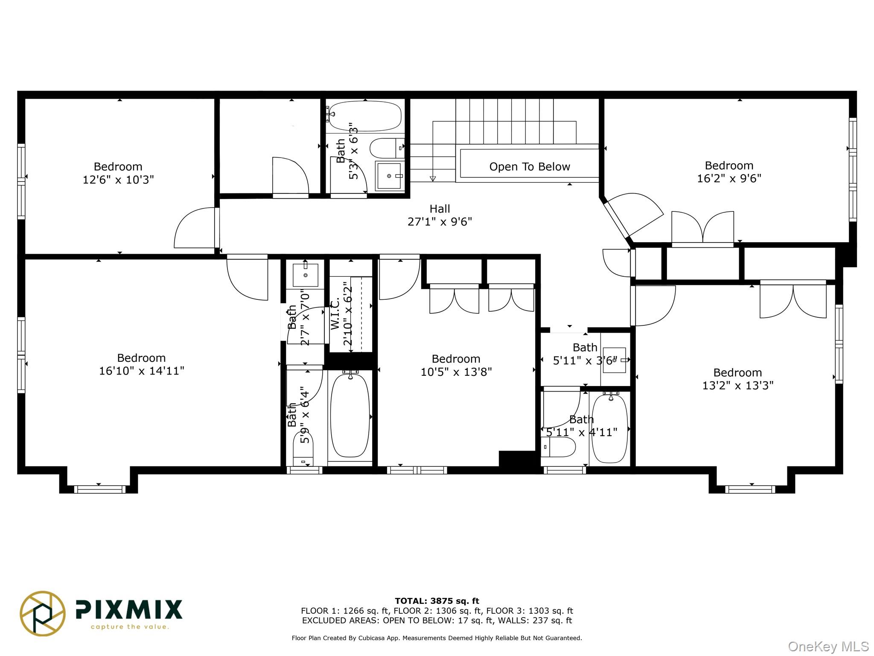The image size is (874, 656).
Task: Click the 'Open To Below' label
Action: pyautogui.click(x=529, y=167)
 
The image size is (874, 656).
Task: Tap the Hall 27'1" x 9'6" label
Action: pyautogui.click(x=440, y=215)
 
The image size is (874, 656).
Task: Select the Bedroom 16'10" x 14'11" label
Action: pyautogui.click(x=142, y=364)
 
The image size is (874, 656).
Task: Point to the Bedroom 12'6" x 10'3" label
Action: pyautogui.click(x=118, y=173)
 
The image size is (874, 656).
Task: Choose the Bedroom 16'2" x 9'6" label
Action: pyautogui.click(x=729, y=172)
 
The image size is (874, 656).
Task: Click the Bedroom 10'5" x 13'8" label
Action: pyautogui.click(x=456, y=365)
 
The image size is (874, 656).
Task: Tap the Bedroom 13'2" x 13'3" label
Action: pyautogui.click(x=738, y=379)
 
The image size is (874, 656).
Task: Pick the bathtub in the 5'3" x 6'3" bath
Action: pyautogui.click(x=365, y=116)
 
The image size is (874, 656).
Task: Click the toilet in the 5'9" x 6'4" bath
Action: pyautogui.click(x=303, y=448)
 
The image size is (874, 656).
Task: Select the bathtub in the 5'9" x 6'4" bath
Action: pyautogui.click(x=350, y=415)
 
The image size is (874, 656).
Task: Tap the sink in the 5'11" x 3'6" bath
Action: pyautogui.click(x=615, y=360)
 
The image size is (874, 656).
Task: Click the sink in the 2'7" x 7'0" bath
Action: pyautogui.click(x=305, y=275)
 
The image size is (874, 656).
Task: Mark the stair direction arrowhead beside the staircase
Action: pyautogui.click(x=432, y=179)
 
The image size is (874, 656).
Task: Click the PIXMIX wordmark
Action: pyautogui.click(x=129, y=609)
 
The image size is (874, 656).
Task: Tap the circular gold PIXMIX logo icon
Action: pyautogui.click(x=43, y=613)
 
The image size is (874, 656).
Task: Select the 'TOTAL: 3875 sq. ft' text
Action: pyautogui.click(x=437, y=601)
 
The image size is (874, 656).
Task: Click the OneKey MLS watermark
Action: pyautogui.click(x=828, y=647)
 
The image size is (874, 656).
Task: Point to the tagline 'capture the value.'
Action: pyautogui.click(x=130, y=627)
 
